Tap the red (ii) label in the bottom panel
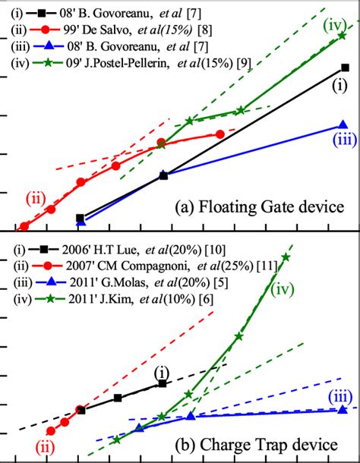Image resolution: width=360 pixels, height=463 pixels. coord(47,448)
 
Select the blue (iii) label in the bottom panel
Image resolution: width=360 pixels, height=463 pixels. coord(339,395)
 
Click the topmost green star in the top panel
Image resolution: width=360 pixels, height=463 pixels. coord(343,36)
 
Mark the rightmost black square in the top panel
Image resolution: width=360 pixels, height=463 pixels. coord(345,68)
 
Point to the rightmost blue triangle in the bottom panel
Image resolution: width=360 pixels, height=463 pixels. coord(343,409)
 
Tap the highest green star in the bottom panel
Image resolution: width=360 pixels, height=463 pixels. coord(286,257)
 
